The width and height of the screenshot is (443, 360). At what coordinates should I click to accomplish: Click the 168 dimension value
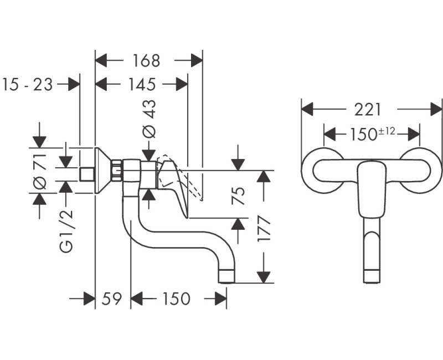(x=147, y=60)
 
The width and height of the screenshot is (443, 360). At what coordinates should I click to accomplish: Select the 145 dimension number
(x=142, y=84)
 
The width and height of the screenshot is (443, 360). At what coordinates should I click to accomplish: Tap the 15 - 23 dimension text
(x=28, y=84)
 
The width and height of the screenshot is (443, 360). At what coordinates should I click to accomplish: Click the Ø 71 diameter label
(x=39, y=172)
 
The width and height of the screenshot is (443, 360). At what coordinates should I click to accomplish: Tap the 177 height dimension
(x=265, y=228)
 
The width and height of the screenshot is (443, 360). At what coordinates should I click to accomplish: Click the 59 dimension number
(x=112, y=299)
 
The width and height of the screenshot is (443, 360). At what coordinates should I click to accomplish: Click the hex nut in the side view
(x=117, y=170)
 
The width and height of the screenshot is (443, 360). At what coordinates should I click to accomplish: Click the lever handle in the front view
(x=371, y=188)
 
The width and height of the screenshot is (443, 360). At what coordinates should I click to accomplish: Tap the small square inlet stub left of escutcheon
(x=86, y=174)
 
